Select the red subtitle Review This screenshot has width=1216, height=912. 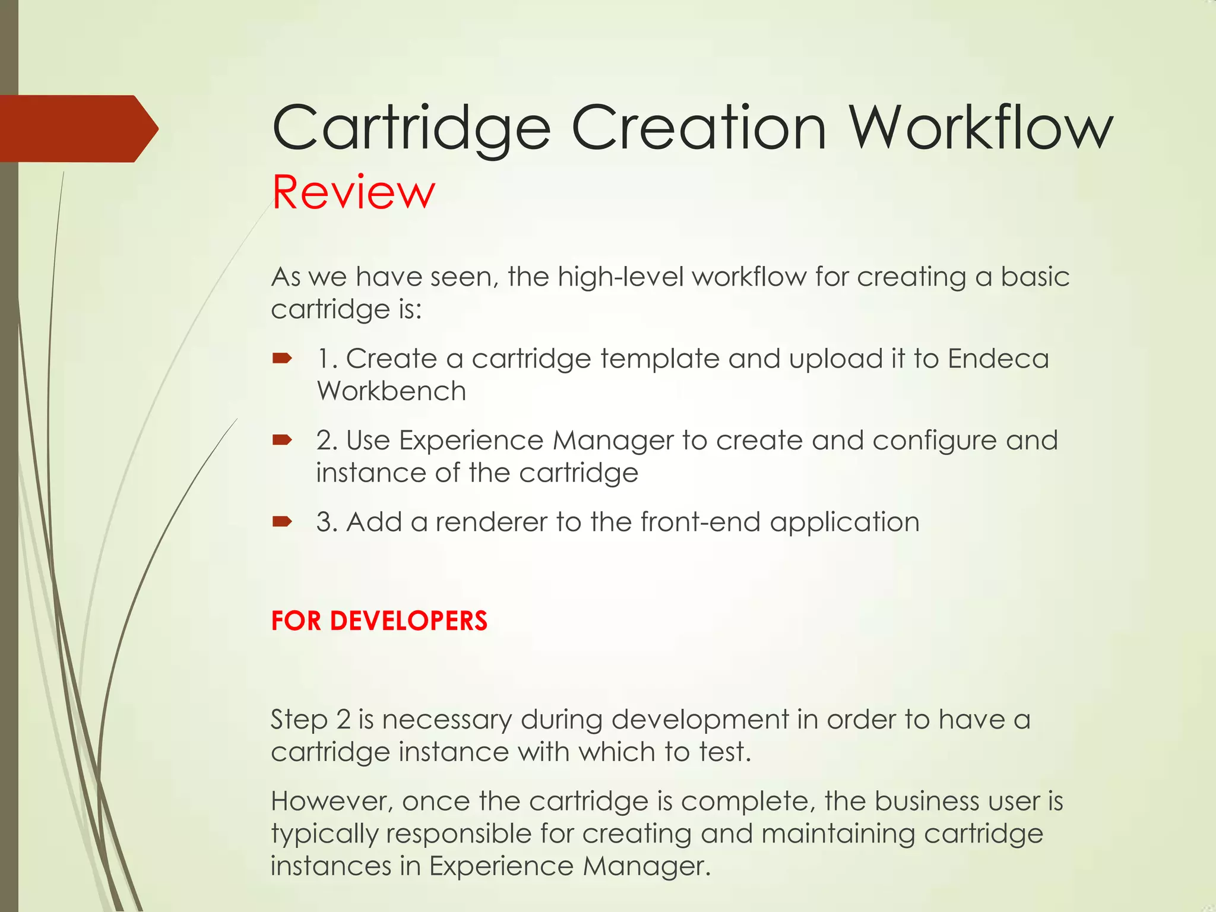[x=353, y=192]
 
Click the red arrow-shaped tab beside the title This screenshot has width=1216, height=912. [x=77, y=128]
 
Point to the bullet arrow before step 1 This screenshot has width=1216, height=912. [x=282, y=358]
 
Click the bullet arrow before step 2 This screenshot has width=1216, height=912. [x=282, y=440]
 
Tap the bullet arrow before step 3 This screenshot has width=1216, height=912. [x=282, y=522]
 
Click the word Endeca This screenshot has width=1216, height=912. [x=998, y=359]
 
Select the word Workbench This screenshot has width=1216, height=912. [x=391, y=391]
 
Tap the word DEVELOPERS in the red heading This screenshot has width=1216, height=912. [x=408, y=621]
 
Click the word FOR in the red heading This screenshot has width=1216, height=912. [x=296, y=621]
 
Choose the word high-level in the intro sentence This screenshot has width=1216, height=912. [x=621, y=277]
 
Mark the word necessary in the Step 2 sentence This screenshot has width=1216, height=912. [x=446, y=720]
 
